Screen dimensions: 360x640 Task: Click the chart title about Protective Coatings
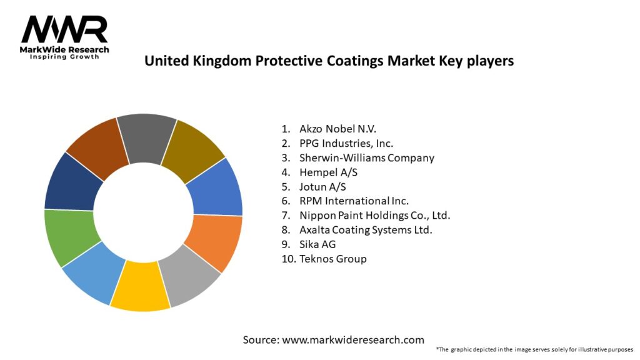coord(329,61)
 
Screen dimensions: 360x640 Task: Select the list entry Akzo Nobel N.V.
coord(337,129)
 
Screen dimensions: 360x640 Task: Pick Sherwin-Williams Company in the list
coord(366,157)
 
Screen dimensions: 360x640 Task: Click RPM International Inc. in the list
coord(354,201)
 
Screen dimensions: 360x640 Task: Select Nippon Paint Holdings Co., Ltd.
coord(374,215)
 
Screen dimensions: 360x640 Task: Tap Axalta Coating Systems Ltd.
coord(366,229)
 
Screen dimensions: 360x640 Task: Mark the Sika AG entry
coord(317,244)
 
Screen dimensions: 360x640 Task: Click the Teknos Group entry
coord(332,258)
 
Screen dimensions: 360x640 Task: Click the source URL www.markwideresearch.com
coord(353,340)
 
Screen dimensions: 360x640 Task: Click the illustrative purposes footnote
coord(534,349)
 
